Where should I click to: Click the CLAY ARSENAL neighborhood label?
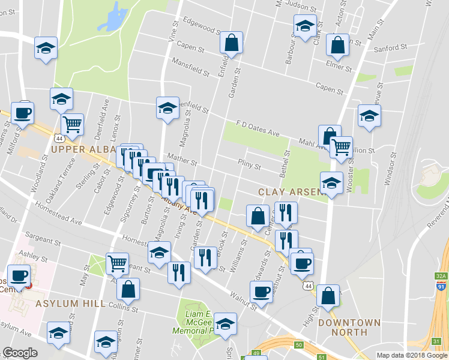(292, 192)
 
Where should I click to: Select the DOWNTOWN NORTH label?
(350, 327)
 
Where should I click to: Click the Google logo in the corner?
(20, 353)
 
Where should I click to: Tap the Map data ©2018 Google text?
(412, 355)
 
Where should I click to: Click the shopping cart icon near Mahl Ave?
(342, 146)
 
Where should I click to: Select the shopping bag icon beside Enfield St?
(231, 43)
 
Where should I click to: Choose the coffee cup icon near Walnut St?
(261, 291)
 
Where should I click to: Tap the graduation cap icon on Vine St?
(167, 108)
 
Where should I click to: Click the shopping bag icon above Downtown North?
(328, 296)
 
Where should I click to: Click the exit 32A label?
(441, 276)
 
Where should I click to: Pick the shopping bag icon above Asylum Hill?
(128, 289)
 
